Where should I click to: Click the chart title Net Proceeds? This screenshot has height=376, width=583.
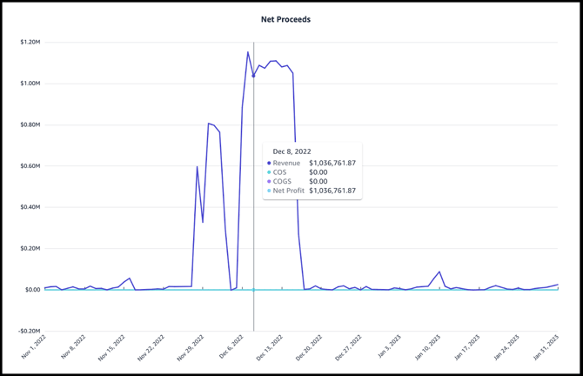tap(285, 19)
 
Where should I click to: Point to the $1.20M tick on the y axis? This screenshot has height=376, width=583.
tap(30, 42)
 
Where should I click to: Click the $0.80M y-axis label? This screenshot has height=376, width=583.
tap(30, 124)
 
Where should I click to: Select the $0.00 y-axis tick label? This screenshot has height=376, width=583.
tap(32, 290)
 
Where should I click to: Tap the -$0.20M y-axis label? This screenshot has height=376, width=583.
tap(30, 331)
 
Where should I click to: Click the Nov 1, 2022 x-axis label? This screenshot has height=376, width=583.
tap(32, 348)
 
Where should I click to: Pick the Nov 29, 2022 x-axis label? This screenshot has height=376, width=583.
tap(190, 348)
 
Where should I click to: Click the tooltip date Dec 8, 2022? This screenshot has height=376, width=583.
tap(291, 151)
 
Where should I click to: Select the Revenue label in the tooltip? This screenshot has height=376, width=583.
tap(286, 163)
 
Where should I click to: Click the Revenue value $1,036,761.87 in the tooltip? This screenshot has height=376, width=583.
tap(332, 163)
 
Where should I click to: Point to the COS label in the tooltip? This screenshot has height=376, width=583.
tap(280, 172)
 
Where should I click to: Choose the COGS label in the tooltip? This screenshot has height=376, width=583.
tap(283, 181)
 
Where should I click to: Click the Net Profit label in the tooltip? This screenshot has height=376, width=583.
tap(289, 191)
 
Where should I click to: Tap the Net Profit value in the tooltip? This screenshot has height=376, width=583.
tap(332, 191)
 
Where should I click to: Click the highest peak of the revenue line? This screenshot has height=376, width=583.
tap(248, 52)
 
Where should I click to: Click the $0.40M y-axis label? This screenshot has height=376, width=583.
tap(30, 207)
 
